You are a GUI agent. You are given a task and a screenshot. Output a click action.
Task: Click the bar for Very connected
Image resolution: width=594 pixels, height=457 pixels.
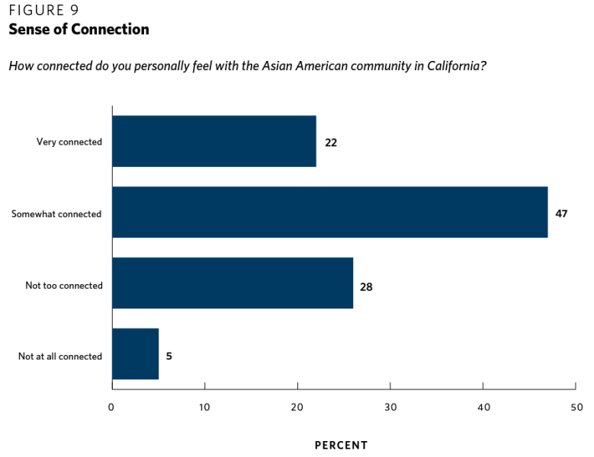point(214,141)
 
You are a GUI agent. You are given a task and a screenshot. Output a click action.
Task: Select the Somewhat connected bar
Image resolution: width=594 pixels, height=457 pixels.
point(329,213)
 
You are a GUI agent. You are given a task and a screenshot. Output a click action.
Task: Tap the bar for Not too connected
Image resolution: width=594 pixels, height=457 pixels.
point(233,283)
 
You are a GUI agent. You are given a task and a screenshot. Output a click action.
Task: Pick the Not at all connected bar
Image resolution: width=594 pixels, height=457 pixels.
point(135,354)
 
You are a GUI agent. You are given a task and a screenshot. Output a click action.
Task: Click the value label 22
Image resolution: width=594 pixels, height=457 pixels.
point(331,142)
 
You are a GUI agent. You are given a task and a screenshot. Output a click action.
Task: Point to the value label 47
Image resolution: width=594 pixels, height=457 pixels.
point(561,213)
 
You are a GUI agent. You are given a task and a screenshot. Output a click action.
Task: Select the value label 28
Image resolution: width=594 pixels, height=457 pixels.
point(366,287)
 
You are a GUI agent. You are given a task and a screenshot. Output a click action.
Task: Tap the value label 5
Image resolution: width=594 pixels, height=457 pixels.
point(169,356)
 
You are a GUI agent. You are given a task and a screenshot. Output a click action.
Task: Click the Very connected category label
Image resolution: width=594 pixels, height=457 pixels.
point(69,142)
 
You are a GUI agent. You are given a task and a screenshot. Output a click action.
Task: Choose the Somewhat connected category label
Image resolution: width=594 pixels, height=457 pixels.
point(56,214)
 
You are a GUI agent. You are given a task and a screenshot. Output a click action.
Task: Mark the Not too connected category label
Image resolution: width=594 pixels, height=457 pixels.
point(64,286)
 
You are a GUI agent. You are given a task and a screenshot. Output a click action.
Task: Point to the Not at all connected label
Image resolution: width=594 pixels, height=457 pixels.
point(60,356)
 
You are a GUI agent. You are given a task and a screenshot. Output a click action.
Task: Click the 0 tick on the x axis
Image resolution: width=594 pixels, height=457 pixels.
point(111,407)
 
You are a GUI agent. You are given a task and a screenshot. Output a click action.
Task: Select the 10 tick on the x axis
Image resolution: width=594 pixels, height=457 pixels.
point(204,407)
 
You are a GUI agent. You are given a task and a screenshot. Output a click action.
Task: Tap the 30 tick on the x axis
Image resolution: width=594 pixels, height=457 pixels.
point(390,407)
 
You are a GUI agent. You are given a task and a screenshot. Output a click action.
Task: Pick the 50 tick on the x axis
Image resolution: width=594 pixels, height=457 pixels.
point(576,407)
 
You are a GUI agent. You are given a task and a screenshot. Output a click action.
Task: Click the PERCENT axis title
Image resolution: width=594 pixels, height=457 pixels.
point(341,445)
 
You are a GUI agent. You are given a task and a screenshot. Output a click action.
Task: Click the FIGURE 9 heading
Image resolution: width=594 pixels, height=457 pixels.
point(43,11)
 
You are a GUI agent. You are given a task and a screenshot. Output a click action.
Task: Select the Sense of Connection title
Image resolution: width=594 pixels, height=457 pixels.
point(79,30)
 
